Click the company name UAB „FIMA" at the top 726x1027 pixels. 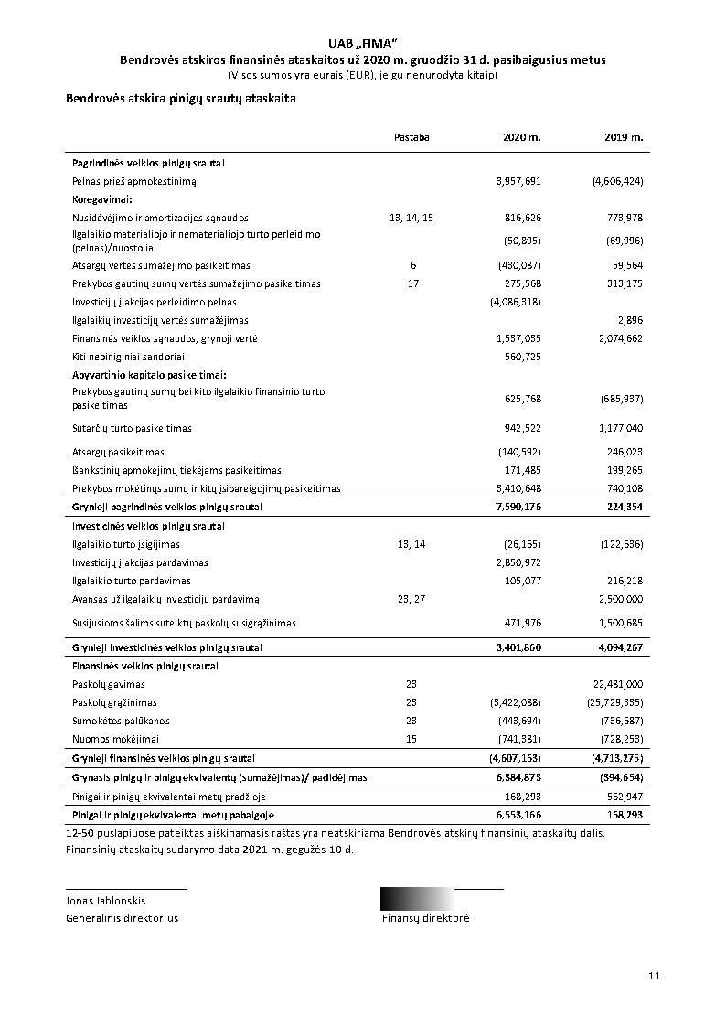pos(362,43)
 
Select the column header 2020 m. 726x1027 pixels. pos(522,137)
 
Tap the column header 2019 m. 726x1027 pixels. pos(624,137)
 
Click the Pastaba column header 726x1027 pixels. pos(411,137)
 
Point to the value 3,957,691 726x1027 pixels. pos(518,181)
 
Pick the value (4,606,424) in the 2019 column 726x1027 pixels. pos(618,181)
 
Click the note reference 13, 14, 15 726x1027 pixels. pos(411,218)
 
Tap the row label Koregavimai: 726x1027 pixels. pos(102,198)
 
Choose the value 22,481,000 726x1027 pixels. pos(619,684)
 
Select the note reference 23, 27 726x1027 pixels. pos(411,599)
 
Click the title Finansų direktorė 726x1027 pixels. pos(425,918)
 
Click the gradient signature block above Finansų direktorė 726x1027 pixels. pos(417,898)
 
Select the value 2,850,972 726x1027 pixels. pos(518,562)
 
